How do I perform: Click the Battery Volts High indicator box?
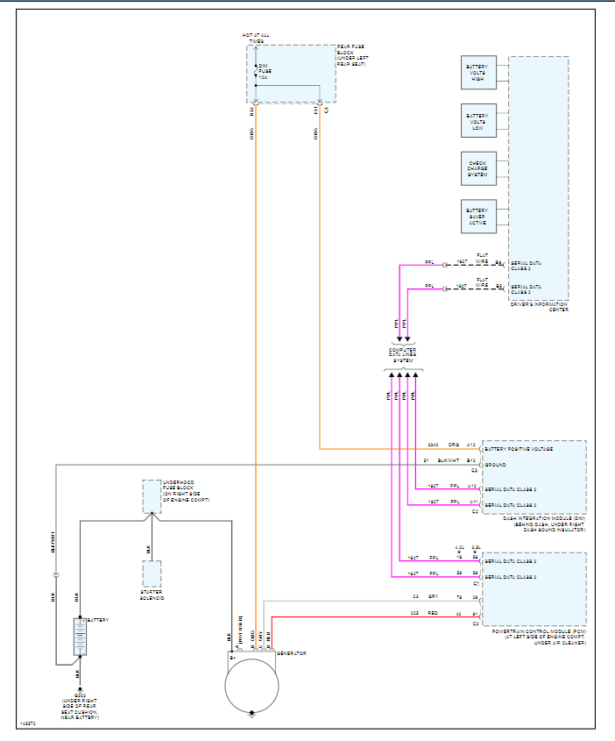[x=478, y=73]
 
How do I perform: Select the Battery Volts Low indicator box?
[x=478, y=121]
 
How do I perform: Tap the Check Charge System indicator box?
[x=478, y=169]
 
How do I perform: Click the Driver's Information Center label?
[x=538, y=307]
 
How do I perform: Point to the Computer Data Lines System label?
[x=403, y=355]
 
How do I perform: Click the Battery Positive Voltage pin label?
[x=520, y=448]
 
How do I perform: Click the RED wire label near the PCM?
[x=433, y=614]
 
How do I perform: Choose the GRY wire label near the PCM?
[x=433, y=596]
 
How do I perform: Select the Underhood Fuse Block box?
[x=152, y=496]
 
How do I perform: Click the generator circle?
[x=251, y=686]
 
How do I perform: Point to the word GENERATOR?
[x=291, y=653]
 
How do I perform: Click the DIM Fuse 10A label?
[x=264, y=72]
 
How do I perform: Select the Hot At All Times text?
[x=256, y=39]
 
